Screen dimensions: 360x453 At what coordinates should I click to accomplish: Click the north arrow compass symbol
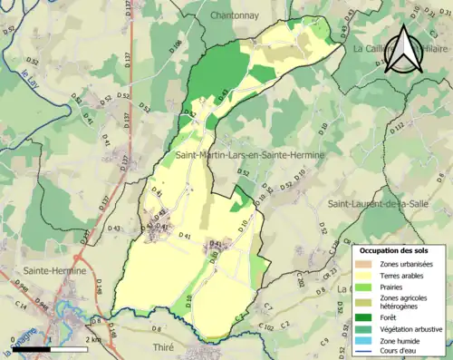pos(404,50)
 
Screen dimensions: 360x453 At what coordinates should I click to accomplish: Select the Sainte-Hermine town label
pos(55,270)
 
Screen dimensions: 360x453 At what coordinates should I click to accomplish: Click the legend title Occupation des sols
pos(400,249)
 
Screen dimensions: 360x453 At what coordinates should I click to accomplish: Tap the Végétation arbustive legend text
pos(413,328)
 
